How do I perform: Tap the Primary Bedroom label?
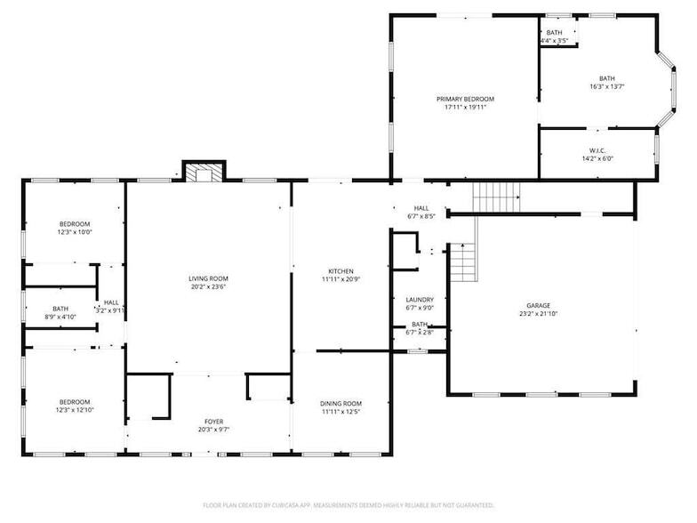pos(465,99)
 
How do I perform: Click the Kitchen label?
pos(341,271)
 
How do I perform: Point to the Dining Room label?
pos(341,404)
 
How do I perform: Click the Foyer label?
pos(213,422)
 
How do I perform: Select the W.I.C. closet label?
pos(597,150)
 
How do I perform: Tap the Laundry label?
pos(419,300)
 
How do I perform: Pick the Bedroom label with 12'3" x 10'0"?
pos(75,223)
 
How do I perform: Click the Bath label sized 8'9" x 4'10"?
pos(60,309)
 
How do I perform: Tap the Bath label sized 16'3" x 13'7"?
pos(606,78)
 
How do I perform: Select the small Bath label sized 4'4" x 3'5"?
pos(554,33)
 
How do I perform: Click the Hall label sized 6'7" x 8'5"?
pos(421,207)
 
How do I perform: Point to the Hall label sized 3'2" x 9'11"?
pos(111,302)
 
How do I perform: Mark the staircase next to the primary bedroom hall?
pos(496,195)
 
